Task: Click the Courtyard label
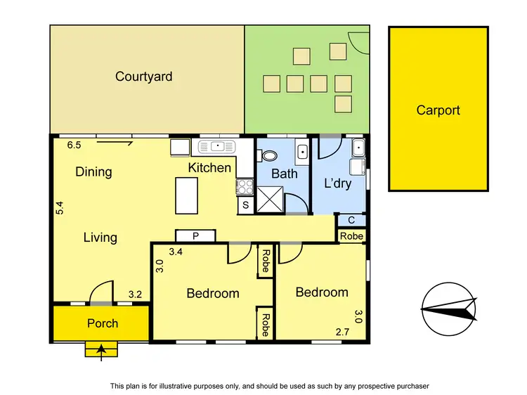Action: click(144, 77)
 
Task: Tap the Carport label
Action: click(438, 110)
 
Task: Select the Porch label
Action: click(103, 323)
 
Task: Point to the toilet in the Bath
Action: click(270, 155)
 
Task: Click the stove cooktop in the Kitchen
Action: click(245, 187)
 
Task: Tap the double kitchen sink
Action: click(217, 146)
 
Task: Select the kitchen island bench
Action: click(186, 195)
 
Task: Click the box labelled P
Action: click(195, 236)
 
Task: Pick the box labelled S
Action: click(245, 205)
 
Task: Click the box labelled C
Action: click(351, 221)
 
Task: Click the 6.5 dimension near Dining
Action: click(74, 145)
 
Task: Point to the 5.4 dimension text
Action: click(60, 208)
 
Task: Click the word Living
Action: click(100, 237)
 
